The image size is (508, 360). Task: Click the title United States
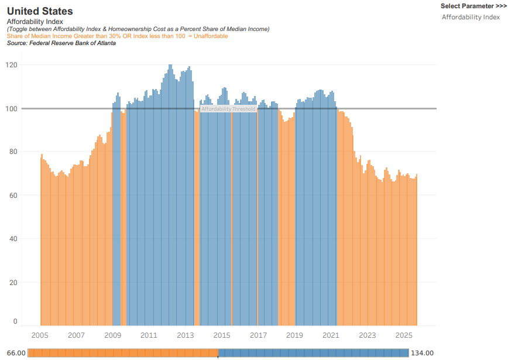coord(40,11)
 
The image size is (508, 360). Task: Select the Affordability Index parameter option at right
coord(471,17)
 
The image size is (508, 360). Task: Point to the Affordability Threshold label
coord(228,109)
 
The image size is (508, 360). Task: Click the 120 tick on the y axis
coord(12,65)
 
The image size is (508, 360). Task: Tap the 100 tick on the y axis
coord(12,108)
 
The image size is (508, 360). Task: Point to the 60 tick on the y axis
coord(13,196)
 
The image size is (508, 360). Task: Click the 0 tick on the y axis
coord(15,321)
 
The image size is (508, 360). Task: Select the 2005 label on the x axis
coord(40,335)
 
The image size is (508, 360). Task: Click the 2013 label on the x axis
coord(186,335)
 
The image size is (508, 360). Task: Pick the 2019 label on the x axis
coord(294,335)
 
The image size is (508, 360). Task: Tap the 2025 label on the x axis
coord(404,335)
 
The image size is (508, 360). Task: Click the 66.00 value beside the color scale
coord(15,353)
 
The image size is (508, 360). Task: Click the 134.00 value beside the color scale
coord(421,353)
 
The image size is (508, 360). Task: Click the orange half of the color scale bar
coord(123,352)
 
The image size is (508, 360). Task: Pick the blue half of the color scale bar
coord(313,352)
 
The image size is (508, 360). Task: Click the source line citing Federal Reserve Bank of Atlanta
coord(61,43)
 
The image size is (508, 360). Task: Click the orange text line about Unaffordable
coord(117,36)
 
